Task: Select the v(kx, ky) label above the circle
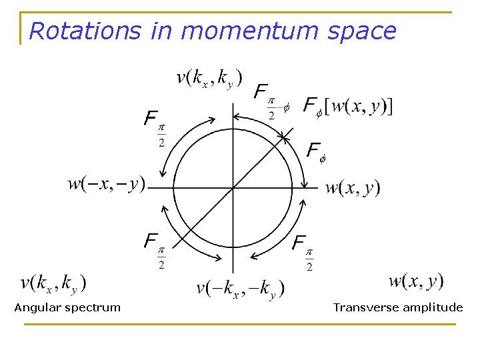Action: tap(209, 78)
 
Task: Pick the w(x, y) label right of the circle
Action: tap(353, 187)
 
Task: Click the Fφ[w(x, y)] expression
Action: tap(347, 105)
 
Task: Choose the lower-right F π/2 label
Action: tap(303, 251)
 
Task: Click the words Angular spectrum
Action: tap(67, 307)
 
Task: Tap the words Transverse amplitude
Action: tap(397, 307)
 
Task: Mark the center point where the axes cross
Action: tap(233, 187)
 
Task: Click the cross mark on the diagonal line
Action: tap(285, 137)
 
